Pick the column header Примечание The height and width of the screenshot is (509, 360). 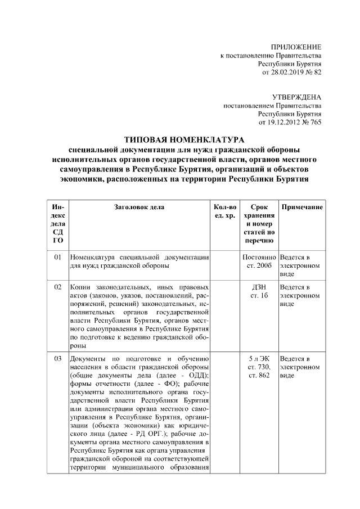click(301, 207)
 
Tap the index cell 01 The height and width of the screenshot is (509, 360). click(58, 257)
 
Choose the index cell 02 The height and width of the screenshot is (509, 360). click(58, 287)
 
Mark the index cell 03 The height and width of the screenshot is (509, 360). click(58, 358)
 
